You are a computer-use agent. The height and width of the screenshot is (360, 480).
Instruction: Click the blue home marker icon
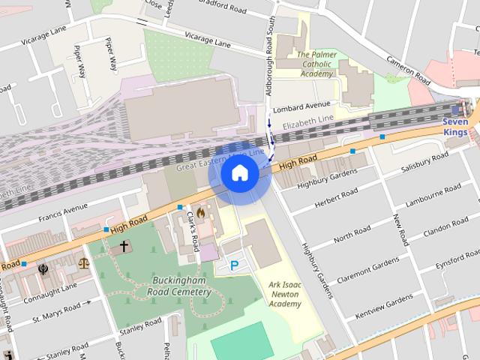pos(239,173)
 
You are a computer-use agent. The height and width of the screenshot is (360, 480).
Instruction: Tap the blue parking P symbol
pos(234,265)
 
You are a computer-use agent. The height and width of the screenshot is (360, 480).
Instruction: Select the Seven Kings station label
pos(454,127)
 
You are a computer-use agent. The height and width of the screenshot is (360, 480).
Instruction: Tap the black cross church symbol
pos(124,245)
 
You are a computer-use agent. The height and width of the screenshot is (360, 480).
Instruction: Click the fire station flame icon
pos(199,211)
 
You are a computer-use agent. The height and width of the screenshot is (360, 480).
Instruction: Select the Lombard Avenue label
pos(301,106)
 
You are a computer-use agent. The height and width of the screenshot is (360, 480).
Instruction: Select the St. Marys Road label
pos(56,310)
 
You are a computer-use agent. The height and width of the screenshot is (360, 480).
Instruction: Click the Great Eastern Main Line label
pos(220,160)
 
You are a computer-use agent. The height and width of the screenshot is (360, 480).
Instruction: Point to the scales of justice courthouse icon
pos(83,263)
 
